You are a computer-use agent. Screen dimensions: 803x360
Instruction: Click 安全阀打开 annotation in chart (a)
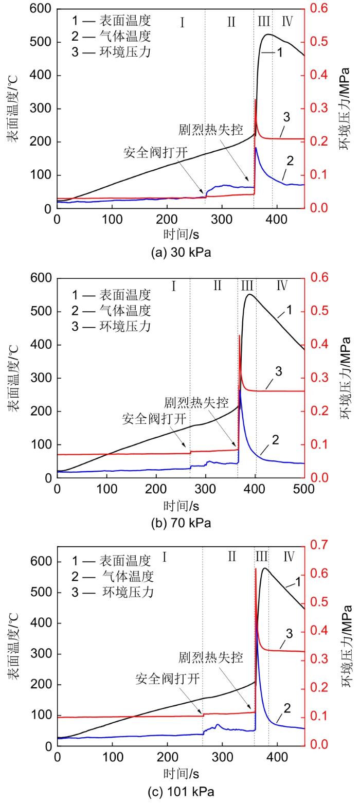(x=155, y=153)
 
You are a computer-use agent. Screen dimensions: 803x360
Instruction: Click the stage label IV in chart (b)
(x=282, y=286)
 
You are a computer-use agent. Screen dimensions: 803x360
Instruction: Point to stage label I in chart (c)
(x=165, y=557)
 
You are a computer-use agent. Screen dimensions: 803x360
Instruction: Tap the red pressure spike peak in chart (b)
(x=240, y=335)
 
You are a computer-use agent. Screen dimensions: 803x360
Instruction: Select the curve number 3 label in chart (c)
(x=289, y=633)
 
